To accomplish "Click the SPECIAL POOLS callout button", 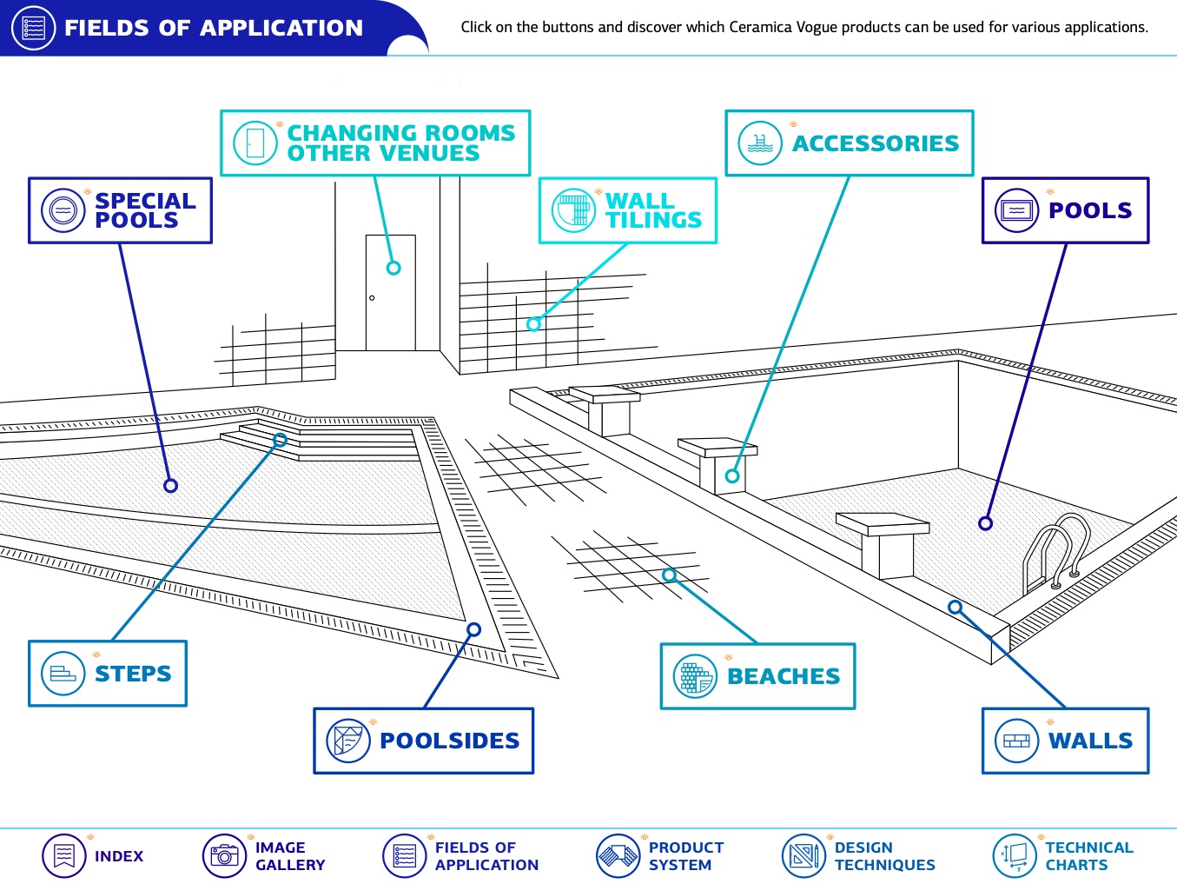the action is tap(120, 210).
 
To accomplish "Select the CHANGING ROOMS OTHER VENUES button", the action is tap(375, 143).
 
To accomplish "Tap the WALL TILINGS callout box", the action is tap(628, 210).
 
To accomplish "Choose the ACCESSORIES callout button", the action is tap(850, 143).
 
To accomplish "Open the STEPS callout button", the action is tap(108, 673).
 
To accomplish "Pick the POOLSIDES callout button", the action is tap(424, 741).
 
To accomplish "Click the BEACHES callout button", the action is tap(757, 676).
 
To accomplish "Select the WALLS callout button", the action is tap(1066, 741).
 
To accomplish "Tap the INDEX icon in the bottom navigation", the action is tap(63, 855).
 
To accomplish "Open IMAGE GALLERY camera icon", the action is tap(224, 855).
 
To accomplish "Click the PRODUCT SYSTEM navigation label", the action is tap(686, 856).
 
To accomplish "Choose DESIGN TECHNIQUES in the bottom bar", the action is tap(884, 856).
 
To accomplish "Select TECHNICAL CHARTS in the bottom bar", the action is tap(1089, 856).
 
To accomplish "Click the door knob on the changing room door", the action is tap(372, 297).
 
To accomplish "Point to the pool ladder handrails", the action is tap(1056, 553).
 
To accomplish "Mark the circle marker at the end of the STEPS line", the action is tap(280, 441).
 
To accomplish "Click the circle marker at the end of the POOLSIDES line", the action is tap(473, 629).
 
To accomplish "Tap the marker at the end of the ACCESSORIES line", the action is tap(732, 475).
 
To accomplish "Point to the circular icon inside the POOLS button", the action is tap(1016, 210).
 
